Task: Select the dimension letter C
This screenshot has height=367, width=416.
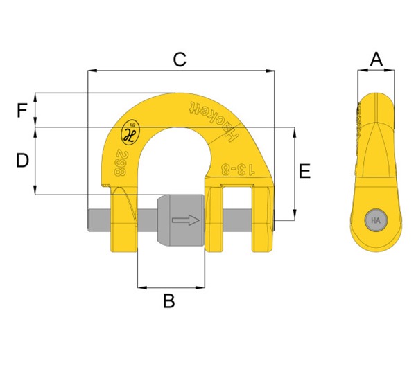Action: pos(180,60)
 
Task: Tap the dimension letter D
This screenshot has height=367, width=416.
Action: pos(22,161)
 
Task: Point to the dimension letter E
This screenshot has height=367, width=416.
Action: pos(304,172)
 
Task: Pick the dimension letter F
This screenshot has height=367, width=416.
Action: pos(22,110)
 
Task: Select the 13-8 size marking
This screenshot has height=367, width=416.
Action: pos(236,169)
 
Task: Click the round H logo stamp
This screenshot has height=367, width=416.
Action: pos(130,131)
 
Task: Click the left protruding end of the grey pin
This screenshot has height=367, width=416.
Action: pos(96,221)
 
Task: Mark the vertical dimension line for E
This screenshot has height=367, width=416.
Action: pos(296,172)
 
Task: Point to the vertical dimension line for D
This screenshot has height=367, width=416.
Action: pos(35,161)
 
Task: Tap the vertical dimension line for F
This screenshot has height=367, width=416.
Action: pos(35,110)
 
